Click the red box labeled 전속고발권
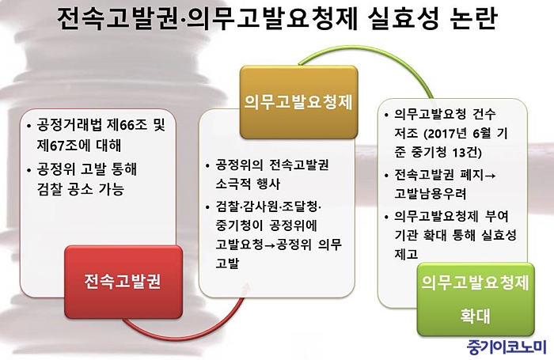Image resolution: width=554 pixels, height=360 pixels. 123,282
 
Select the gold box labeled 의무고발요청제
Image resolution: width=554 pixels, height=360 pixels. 298,102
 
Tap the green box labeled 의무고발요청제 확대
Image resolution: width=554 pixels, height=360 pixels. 476,299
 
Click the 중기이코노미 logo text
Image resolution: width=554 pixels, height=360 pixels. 507,347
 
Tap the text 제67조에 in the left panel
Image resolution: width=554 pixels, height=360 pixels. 57,146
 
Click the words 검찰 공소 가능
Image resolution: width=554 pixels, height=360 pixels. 81,189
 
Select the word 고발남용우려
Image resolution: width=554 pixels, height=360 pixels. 431,194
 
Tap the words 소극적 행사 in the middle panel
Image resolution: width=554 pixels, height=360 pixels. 248,184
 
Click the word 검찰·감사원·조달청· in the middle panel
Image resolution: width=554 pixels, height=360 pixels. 268,207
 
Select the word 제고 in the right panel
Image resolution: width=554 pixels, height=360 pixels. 406,254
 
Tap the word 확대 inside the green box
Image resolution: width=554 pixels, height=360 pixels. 475,316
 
